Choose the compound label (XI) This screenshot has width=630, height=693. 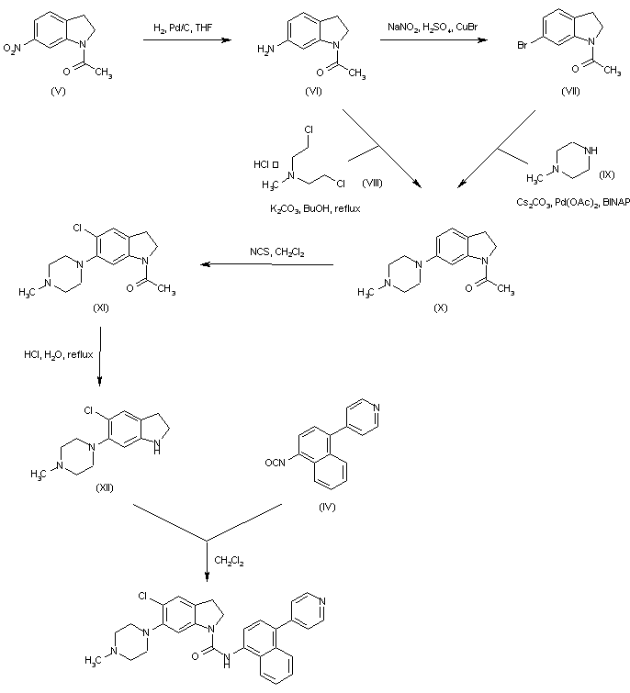point(101,307)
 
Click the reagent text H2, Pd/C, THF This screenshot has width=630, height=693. point(184,31)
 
